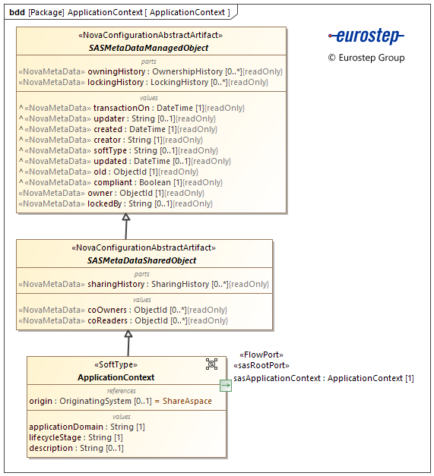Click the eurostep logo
pos(366,36)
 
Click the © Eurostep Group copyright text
pos(366,58)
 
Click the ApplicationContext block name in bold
pos(116,377)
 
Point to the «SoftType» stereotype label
pos(116,364)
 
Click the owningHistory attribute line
pos(150,71)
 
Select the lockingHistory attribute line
pos(144,82)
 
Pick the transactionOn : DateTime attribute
pos(131,108)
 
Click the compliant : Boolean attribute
pos(121,182)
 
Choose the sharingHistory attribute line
pos(143,284)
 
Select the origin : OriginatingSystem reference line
pos(120,401)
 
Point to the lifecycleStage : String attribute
pos(76,437)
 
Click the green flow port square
pos(226,386)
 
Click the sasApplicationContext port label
pos(323,378)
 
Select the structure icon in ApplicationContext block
pos(211,364)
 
